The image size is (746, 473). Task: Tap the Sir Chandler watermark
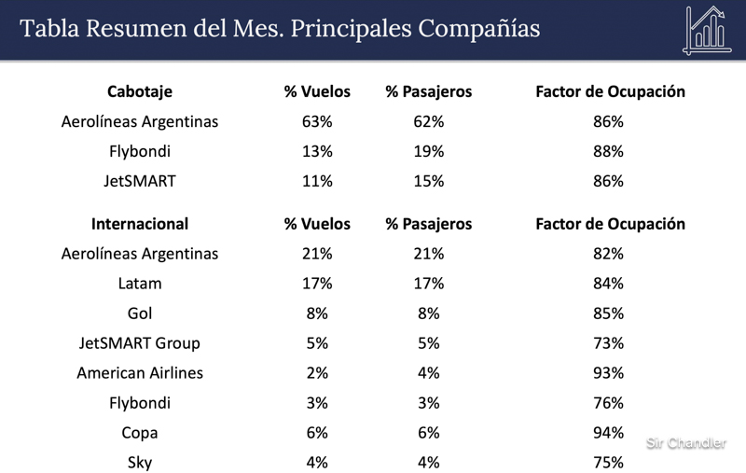tap(686, 443)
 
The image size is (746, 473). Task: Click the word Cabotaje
tap(140, 91)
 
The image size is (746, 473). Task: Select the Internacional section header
tap(140, 224)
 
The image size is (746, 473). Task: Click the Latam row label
tap(140, 284)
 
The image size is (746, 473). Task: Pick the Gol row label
tap(140, 313)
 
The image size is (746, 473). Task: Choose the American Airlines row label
tap(140, 373)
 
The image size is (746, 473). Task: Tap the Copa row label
tap(140, 433)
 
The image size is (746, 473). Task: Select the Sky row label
tap(140, 463)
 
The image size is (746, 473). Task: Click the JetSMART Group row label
tap(140, 343)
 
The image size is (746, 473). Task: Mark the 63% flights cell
tap(317, 121)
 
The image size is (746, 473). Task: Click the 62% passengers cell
tap(429, 121)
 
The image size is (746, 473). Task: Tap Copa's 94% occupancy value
tap(609, 433)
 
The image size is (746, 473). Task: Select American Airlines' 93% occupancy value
tap(609, 373)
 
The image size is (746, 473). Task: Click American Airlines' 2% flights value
tap(317, 373)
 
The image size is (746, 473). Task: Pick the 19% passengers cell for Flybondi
tap(429, 151)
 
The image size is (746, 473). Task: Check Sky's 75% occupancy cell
tap(609, 463)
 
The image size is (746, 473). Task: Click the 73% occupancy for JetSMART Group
tap(609, 343)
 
